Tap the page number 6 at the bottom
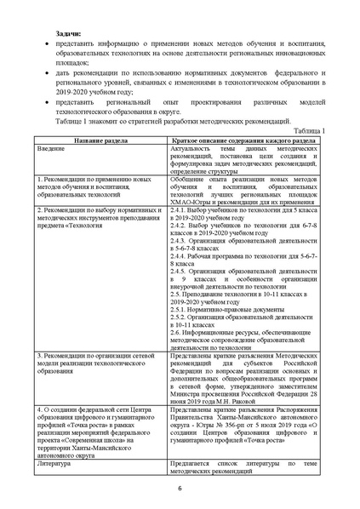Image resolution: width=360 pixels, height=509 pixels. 180,487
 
